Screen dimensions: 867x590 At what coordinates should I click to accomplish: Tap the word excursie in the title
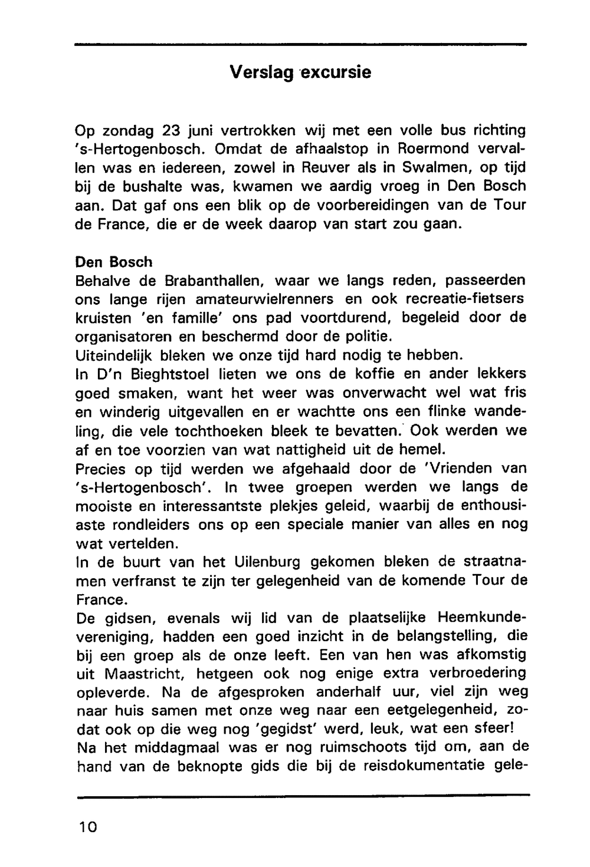pos(337,72)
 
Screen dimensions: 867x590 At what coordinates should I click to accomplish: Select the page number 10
pos(87,826)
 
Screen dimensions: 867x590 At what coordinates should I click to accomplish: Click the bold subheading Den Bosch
pos(114,261)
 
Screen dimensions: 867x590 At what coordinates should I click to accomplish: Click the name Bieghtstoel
pos(168,374)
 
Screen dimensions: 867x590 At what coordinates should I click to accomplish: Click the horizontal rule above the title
pos(300,44)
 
